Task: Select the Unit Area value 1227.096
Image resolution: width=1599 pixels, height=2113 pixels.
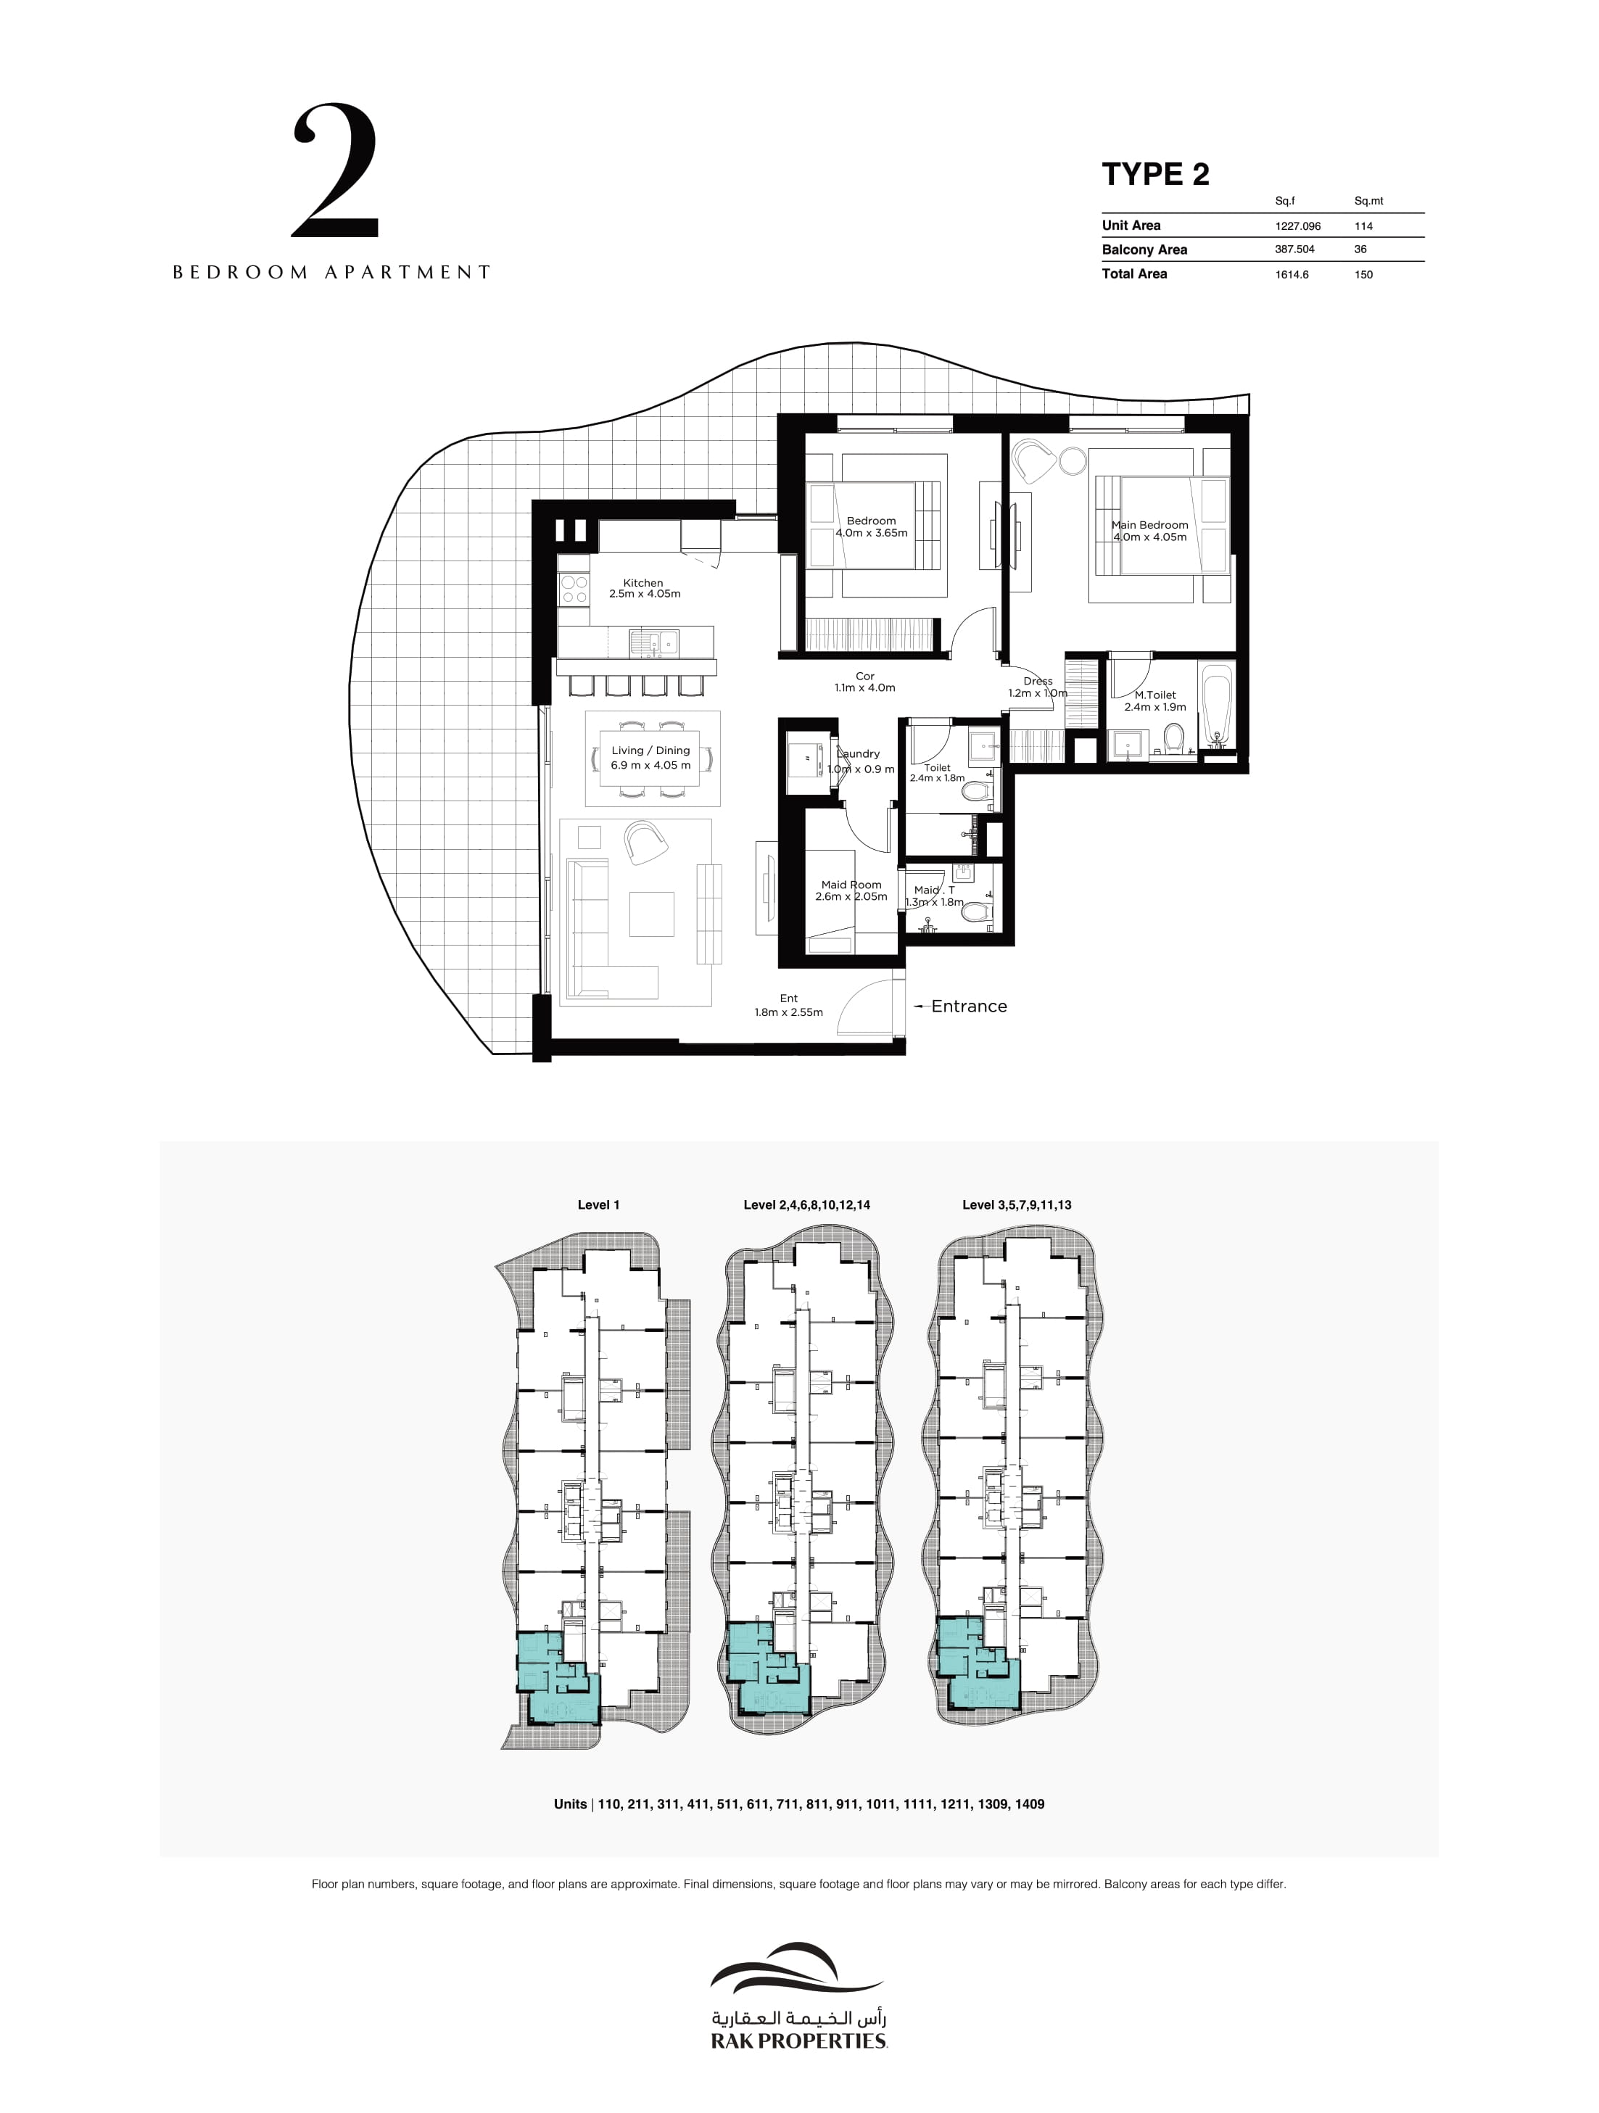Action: tap(1297, 226)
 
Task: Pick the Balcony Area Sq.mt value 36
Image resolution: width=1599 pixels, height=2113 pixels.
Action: tap(1360, 249)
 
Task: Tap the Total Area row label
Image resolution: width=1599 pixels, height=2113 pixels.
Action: tap(1134, 274)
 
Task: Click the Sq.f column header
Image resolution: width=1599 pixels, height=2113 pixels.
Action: tap(1285, 201)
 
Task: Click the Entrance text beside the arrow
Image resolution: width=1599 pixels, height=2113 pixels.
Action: tap(969, 1006)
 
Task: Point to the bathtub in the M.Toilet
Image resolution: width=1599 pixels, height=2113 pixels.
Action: tap(1216, 708)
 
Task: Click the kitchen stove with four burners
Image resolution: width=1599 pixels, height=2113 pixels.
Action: tap(574, 588)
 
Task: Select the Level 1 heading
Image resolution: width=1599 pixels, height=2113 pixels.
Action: tap(598, 1204)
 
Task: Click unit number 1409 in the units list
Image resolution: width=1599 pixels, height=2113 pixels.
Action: tap(1030, 1804)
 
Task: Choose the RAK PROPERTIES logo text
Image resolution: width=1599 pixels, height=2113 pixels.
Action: tap(798, 2041)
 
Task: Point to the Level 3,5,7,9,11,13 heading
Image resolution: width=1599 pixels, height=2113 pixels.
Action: tap(1017, 1204)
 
